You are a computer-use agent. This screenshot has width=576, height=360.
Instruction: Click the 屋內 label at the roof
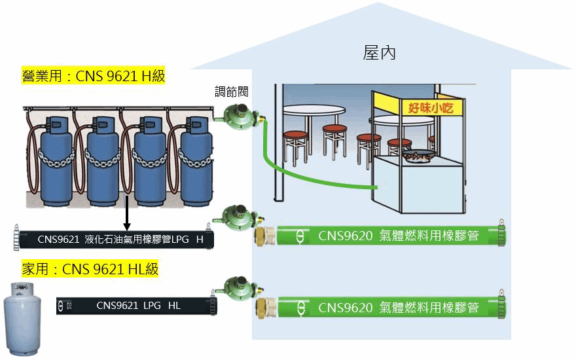tap(380, 53)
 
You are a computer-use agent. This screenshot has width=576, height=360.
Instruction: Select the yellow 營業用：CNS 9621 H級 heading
tap(93, 76)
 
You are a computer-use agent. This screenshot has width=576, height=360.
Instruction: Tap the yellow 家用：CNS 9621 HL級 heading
tap(90, 269)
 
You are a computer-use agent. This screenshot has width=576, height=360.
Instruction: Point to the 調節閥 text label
tap(230, 91)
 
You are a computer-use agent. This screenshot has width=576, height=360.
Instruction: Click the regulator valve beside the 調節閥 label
tap(238, 117)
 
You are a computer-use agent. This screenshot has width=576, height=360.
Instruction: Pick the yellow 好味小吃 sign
tap(430, 107)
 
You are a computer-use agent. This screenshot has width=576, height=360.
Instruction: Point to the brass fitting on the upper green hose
tap(265, 235)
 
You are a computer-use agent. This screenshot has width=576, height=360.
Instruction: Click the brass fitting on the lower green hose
tap(265, 306)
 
